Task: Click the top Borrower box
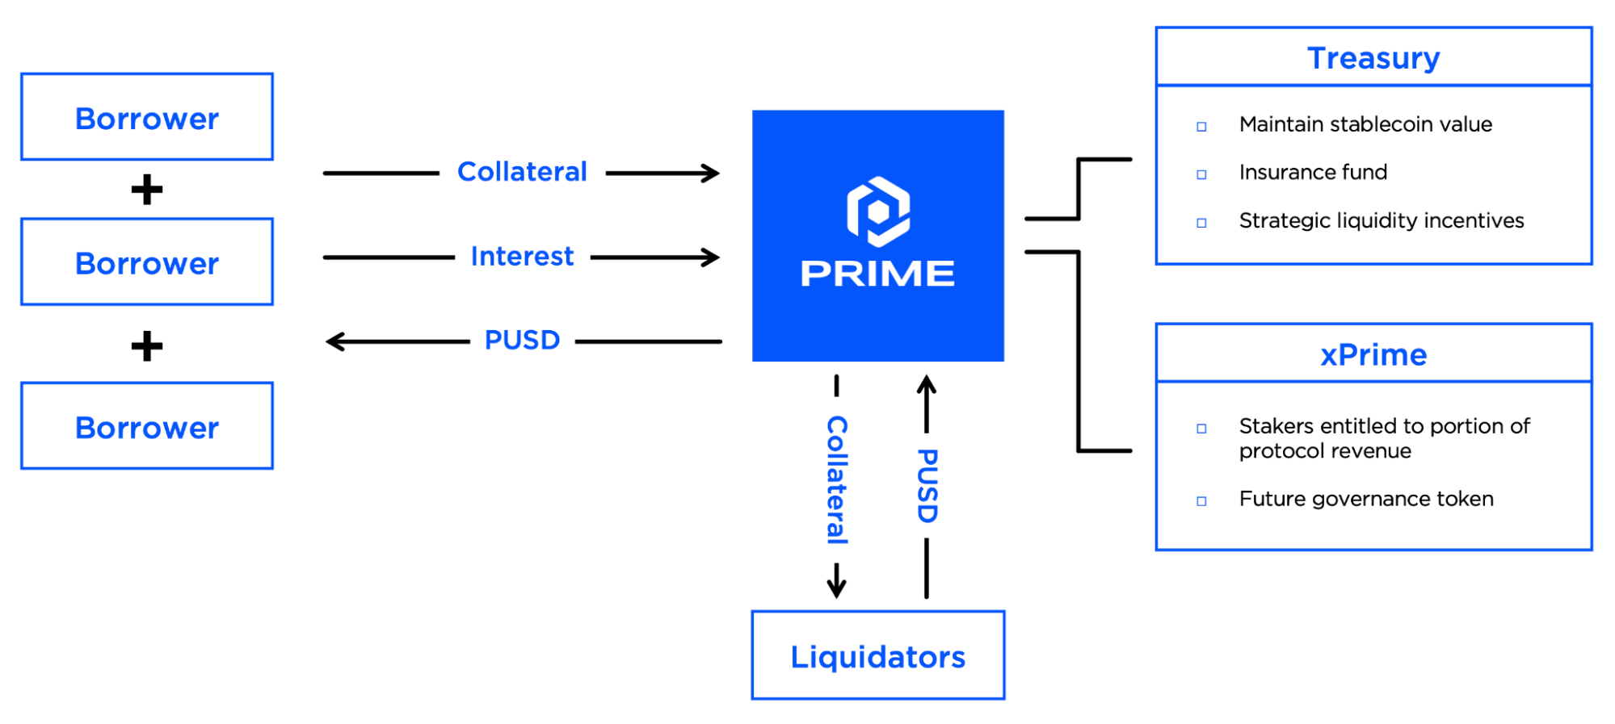[147, 117]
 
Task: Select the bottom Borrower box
[147, 426]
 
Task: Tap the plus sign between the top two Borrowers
[147, 190]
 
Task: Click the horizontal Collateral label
[522, 172]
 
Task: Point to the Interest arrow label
[522, 257]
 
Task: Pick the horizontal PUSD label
[522, 341]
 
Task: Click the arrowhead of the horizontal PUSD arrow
[333, 341]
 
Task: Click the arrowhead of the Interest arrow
[712, 257]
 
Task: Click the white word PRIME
[878, 274]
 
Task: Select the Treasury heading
[1373, 58]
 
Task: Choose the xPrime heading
[1373, 355]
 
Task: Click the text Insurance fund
[1313, 173]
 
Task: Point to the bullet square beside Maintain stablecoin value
[1201, 127]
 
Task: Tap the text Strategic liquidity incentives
[1382, 221]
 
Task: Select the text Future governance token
[1366, 499]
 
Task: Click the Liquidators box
[878, 655]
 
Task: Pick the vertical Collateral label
[837, 479]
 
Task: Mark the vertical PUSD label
[927, 486]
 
